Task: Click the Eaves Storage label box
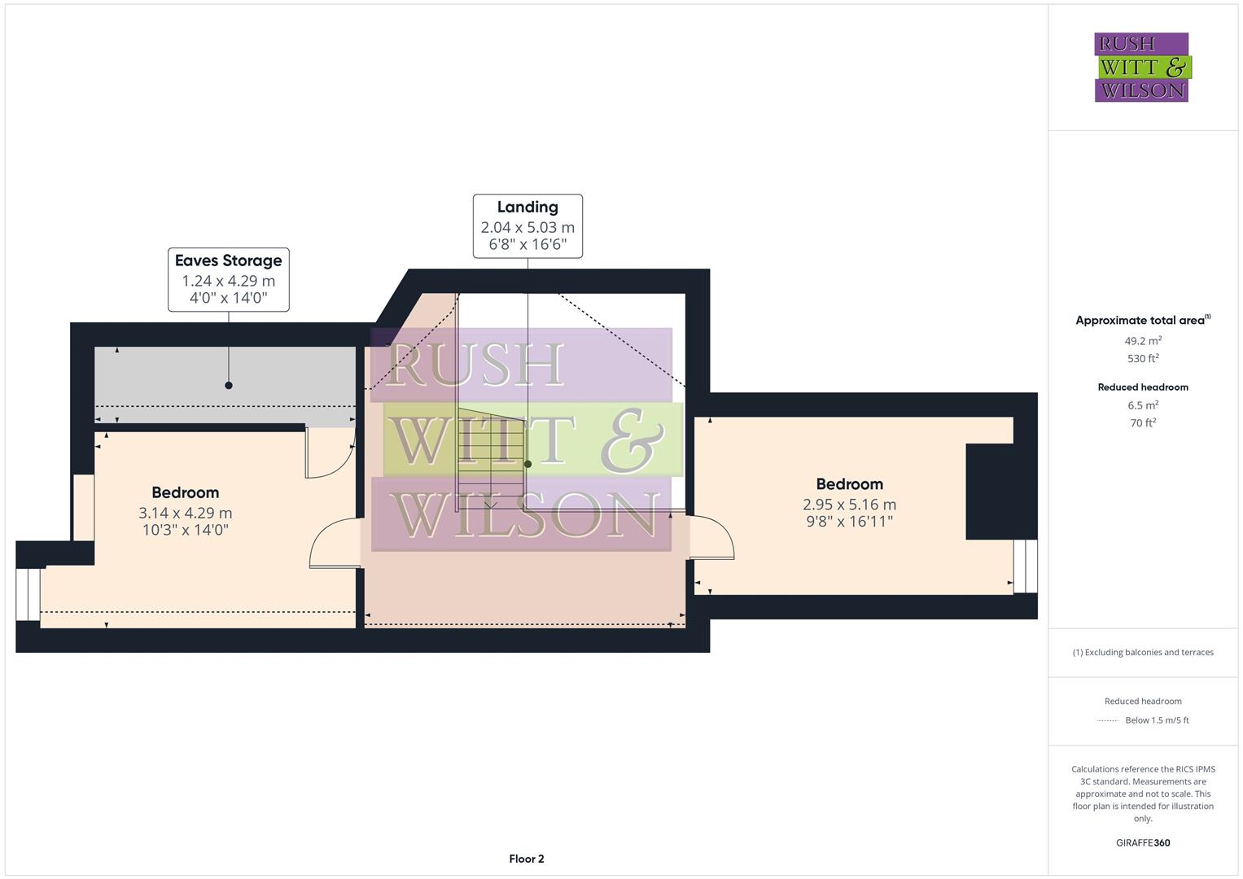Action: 229,279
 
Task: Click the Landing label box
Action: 527,225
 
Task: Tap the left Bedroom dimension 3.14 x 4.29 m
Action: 186,513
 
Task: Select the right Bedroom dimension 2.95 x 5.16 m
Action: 849,505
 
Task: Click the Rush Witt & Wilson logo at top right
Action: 1142,68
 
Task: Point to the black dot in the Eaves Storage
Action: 229,385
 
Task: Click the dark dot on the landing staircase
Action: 527,464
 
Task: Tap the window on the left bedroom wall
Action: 28,594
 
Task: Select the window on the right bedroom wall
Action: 1025,566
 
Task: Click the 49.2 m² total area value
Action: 1143,341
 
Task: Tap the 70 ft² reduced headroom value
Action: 1143,422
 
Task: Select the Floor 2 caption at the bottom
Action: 527,859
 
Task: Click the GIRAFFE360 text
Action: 1143,842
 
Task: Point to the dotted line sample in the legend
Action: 1108,720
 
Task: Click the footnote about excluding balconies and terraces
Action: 1143,652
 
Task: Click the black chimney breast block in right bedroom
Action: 990,492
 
